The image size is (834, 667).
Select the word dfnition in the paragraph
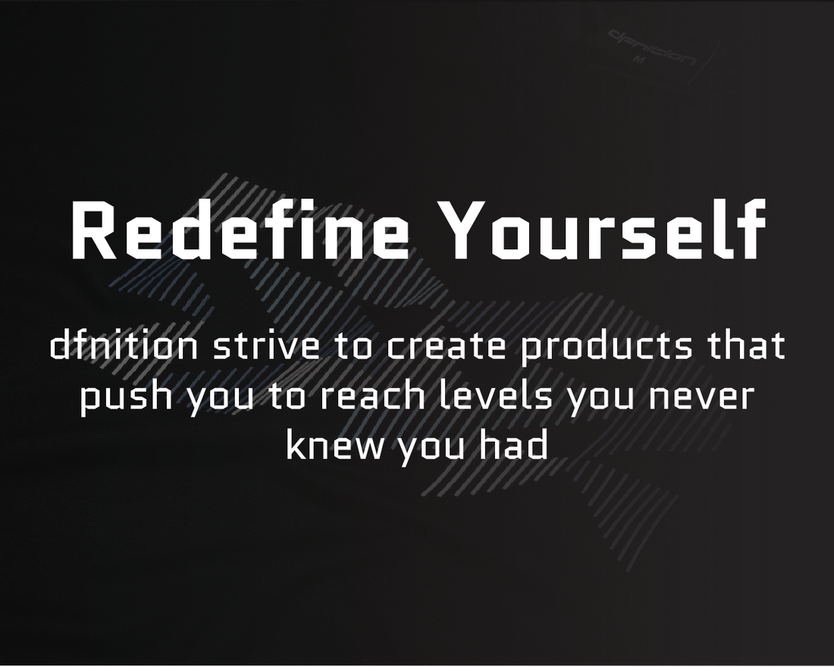pos(124,345)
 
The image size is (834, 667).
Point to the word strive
pos(267,345)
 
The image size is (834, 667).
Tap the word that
pos(746,345)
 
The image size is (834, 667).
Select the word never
pos(701,397)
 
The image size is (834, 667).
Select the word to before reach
pos(288,396)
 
